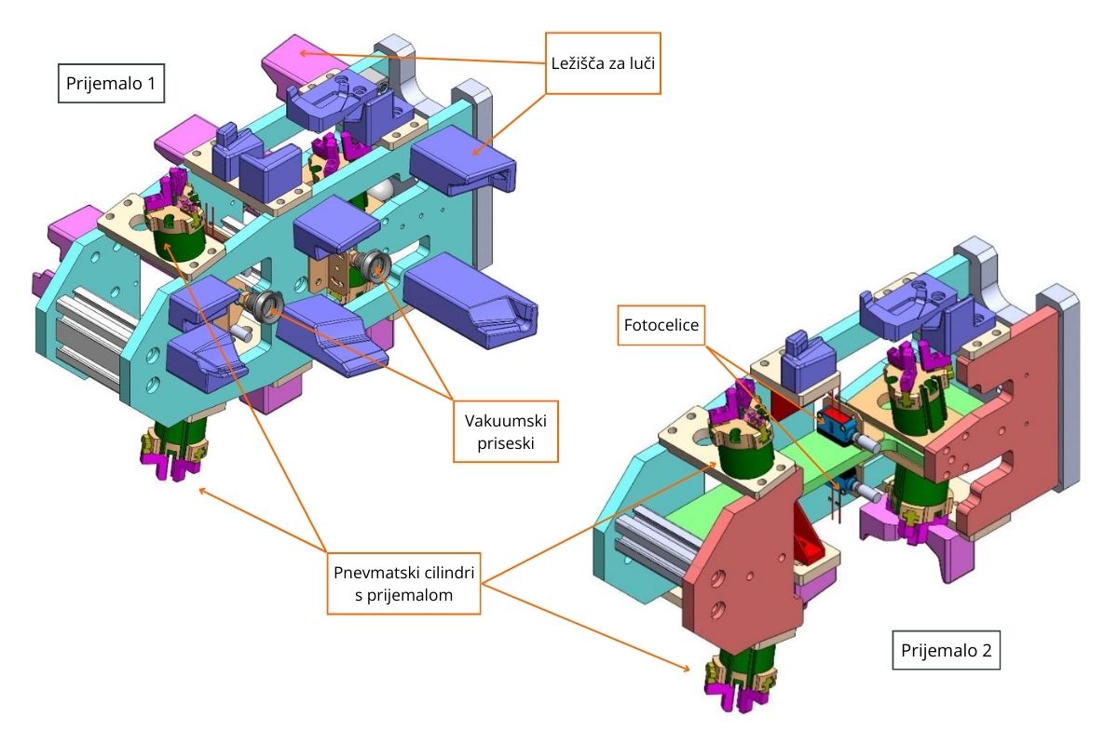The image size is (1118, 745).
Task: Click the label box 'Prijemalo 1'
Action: pos(111,86)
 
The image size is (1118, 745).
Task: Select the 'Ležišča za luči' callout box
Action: pos(603,63)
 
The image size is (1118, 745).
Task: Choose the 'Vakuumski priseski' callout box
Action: pos(504,431)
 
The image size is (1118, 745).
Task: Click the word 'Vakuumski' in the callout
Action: pos(504,419)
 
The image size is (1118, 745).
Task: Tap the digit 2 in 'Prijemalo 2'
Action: pos(987,649)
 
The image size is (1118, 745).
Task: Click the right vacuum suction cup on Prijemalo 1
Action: pos(376,266)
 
